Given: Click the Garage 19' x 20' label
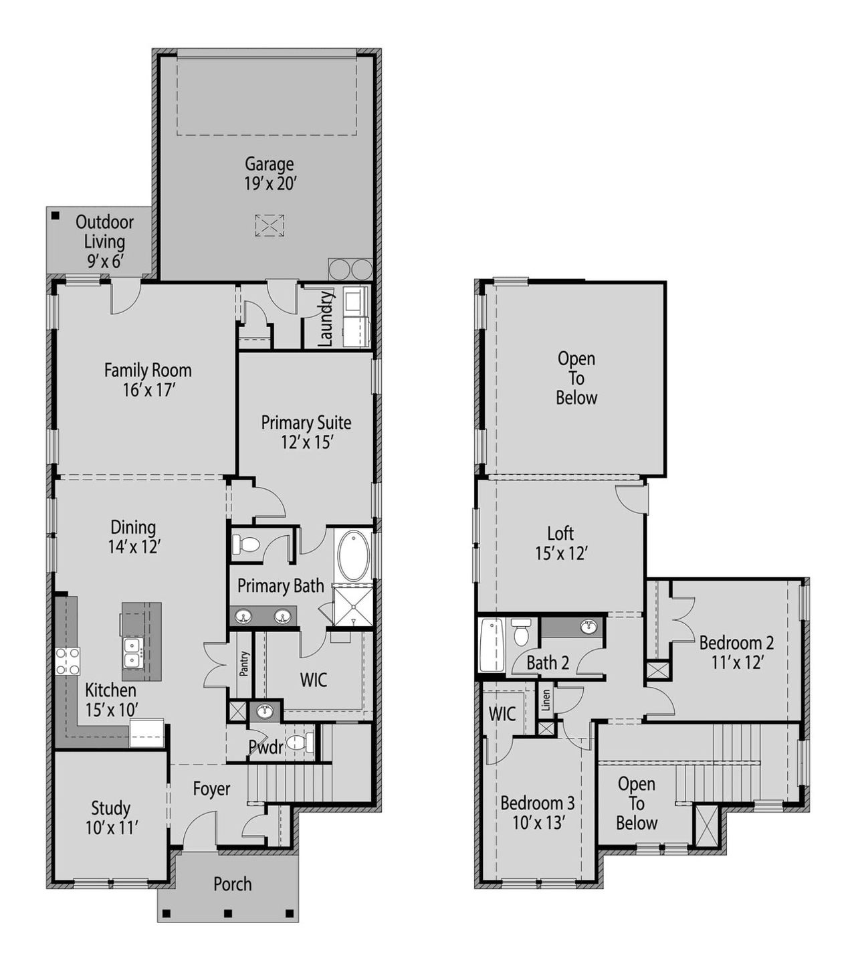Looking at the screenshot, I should tap(269, 173).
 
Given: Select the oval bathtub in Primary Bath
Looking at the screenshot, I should tap(353, 556).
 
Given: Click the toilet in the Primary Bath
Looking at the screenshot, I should tap(245, 544).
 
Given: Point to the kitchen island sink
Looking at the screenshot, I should tap(132, 652).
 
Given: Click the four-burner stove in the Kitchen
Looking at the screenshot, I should tap(68, 661).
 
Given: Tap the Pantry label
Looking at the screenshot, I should tap(244, 664).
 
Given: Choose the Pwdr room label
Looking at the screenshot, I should tap(266, 747).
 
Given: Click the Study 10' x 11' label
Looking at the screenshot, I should tap(111, 817).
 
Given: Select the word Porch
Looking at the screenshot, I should tap(232, 884).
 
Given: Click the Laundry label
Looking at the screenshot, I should tap(325, 318).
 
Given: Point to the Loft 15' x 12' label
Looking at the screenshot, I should tap(560, 543).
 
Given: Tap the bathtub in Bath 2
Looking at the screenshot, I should tap(492, 644).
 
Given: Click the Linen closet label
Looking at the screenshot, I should tap(546, 700).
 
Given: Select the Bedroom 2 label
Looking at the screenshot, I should tap(736, 652).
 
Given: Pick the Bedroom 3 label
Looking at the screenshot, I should tap(537, 811).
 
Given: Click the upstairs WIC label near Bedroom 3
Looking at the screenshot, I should tap(502, 713).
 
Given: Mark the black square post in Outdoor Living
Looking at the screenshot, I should tap(56, 215).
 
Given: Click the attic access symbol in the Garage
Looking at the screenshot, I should tap(269, 225).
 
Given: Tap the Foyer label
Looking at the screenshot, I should tap(211, 789).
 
